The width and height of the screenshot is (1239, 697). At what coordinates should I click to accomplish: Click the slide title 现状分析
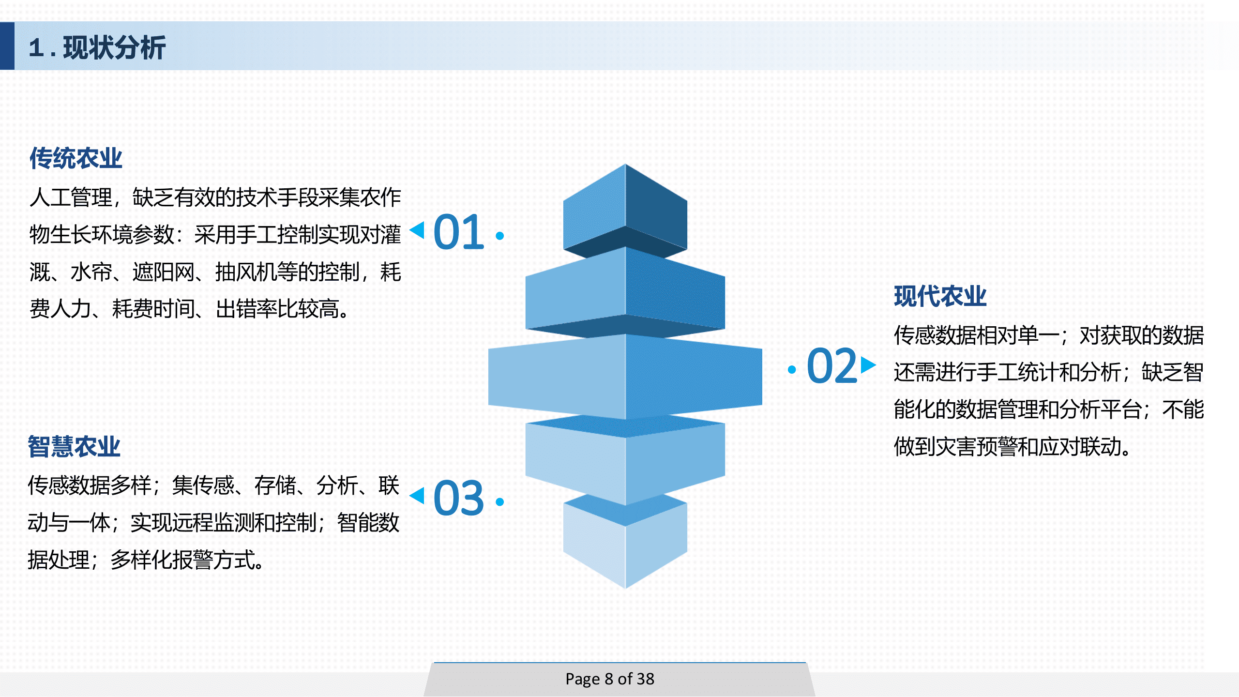click(114, 47)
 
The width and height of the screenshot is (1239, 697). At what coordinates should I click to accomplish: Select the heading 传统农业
click(76, 158)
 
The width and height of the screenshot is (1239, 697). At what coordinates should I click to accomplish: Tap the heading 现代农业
click(940, 296)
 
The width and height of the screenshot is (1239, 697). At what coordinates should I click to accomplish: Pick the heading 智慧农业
click(74, 446)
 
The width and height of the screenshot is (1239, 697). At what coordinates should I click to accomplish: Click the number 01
click(458, 232)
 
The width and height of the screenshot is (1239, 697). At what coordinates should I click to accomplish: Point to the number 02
click(832, 366)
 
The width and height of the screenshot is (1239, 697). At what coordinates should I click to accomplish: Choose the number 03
click(458, 498)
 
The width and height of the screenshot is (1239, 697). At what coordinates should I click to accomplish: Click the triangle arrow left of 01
click(418, 230)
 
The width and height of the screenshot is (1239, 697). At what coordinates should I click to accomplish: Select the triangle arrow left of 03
click(418, 496)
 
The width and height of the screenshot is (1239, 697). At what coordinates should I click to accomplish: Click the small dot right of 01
click(500, 236)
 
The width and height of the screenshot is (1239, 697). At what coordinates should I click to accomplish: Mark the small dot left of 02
click(792, 370)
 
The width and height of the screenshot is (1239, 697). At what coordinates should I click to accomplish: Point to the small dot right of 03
click(500, 502)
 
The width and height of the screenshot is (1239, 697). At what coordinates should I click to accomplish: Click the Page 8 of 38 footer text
click(610, 679)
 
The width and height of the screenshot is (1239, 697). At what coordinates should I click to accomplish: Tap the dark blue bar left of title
click(7, 46)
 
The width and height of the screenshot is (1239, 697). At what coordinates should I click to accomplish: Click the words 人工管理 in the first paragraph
click(71, 197)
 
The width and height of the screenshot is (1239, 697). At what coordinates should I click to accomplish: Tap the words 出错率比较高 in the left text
click(277, 309)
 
